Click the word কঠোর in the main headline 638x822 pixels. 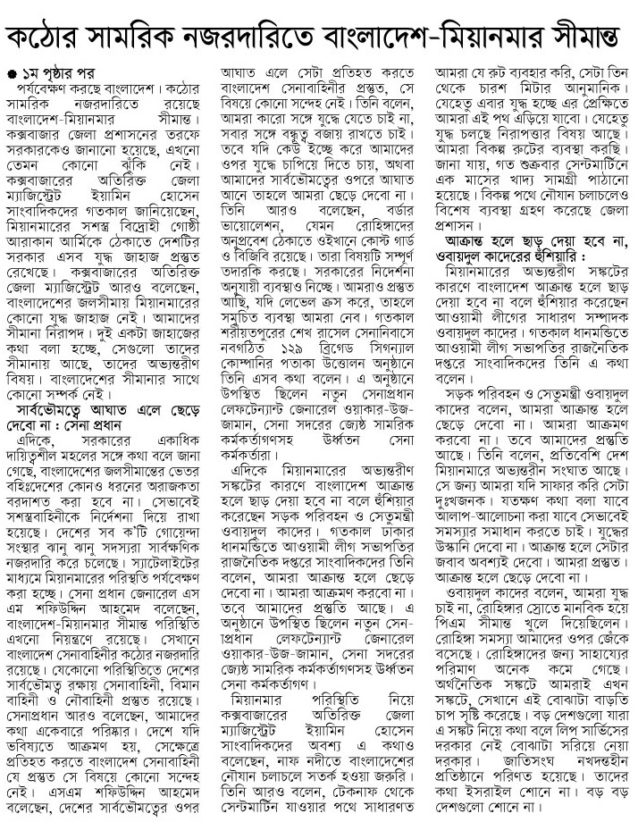51,36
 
